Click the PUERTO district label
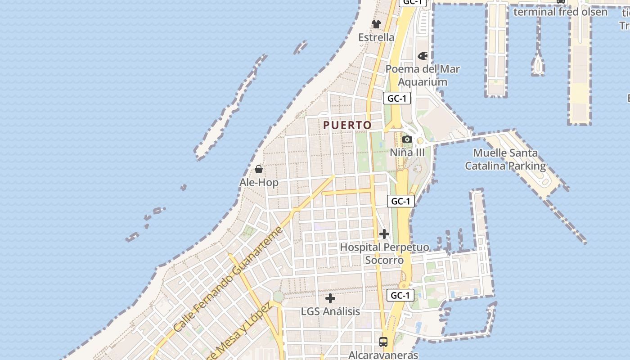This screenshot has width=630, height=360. pyautogui.click(x=347, y=125)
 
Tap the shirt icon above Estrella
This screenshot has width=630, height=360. pyautogui.click(x=376, y=24)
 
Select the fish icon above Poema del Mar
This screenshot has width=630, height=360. pyautogui.click(x=423, y=56)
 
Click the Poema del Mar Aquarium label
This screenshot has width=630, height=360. pyautogui.click(x=423, y=76)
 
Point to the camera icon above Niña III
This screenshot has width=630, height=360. pyautogui.click(x=407, y=139)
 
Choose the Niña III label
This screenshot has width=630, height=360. pyautogui.click(x=407, y=153)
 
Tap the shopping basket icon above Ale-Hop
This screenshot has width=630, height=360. pyautogui.click(x=259, y=169)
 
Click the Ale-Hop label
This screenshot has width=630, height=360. pyautogui.click(x=259, y=182)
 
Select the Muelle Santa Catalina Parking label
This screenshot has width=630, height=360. pyautogui.click(x=505, y=159)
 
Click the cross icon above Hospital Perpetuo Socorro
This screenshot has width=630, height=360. pyautogui.click(x=384, y=234)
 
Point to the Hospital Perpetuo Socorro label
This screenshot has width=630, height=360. pyautogui.click(x=384, y=254)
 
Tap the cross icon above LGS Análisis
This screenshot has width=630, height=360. pyautogui.click(x=330, y=298)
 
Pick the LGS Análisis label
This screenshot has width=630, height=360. pyautogui.click(x=330, y=311)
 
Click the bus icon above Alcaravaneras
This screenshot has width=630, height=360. pyautogui.click(x=383, y=342)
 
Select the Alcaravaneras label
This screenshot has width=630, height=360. pyautogui.click(x=383, y=355)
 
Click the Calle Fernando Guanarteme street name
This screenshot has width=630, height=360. pyautogui.click(x=228, y=279)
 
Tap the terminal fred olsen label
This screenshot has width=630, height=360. pyautogui.click(x=560, y=12)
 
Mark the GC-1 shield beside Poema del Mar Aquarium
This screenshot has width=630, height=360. pyautogui.click(x=397, y=99)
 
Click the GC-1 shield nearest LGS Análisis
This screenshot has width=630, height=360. pyautogui.click(x=400, y=295)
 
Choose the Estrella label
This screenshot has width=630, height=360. pyautogui.click(x=376, y=37)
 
